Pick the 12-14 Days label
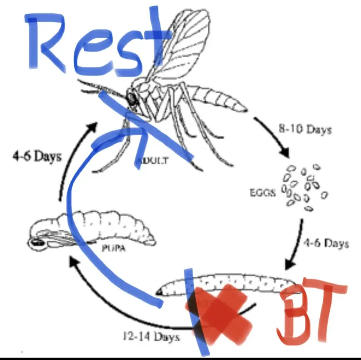[x=151, y=336]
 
